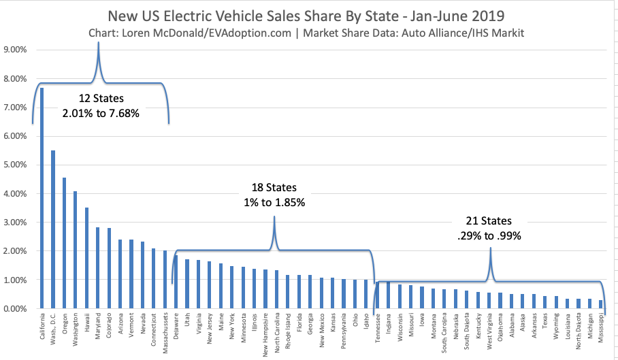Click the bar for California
pos(42,198)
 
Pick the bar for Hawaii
pos(86,258)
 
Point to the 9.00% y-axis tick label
pos(16,50)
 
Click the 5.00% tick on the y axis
pos(16,165)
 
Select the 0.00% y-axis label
pos(16,308)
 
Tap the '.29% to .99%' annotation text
pos(489,235)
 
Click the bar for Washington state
pos(76,250)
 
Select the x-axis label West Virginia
pos(489,330)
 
